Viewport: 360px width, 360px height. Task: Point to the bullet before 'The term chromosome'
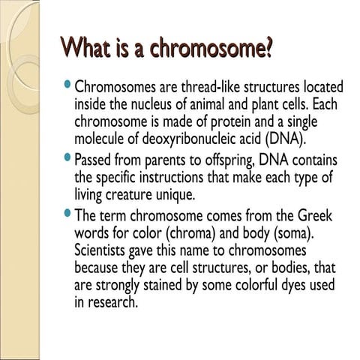69,216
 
